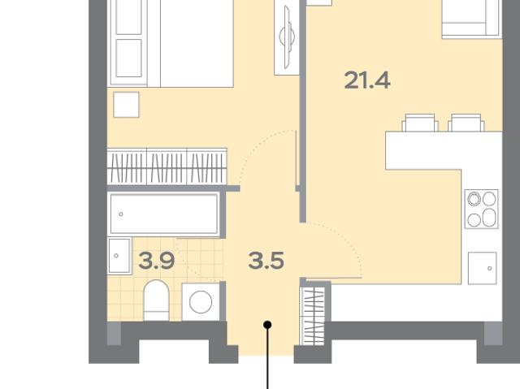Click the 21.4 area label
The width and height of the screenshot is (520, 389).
tap(367, 80)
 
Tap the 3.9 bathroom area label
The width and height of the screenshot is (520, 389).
tap(157, 261)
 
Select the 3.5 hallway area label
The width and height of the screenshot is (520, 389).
tap(266, 261)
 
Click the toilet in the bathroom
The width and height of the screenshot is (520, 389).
tap(156, 300)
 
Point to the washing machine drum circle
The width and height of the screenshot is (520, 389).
tap(201, 302)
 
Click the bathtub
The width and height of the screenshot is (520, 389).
tap(164, 214)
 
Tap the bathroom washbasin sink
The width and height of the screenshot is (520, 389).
tap(119, 256)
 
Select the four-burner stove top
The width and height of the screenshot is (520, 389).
tap(482, 209)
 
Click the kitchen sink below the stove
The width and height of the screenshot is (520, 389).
tap(482, 268)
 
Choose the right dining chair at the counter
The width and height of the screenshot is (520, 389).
tap(466, 123)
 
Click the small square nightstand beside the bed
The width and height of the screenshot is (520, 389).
tap(126, 105)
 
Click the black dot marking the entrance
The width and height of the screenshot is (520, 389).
tap(267, 325)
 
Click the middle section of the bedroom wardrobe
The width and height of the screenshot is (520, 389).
tap(167, 166)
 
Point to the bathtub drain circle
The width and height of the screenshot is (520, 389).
tap(121, 214)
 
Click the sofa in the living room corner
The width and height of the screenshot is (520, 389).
tap(472, 18)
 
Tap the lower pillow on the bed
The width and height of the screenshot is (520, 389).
tap(128, 58)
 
